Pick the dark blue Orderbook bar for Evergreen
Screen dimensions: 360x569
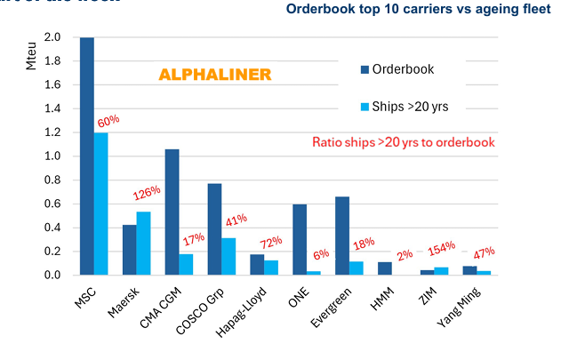(342, 236)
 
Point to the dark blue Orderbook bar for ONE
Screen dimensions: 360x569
(300, 239)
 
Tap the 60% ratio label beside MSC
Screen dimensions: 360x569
(108, 120)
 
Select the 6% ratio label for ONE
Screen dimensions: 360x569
(319, 255)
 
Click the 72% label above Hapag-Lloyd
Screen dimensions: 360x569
(270, 241)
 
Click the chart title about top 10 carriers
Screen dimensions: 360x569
(418, 11)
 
